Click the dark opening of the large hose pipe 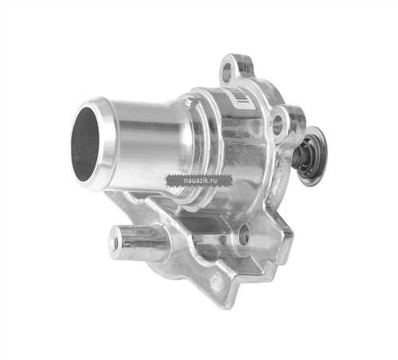click(x=85, y=145)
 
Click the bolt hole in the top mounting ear click(x=228, y=70)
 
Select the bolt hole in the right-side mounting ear click(x=278, y=124)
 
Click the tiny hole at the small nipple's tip click(x=115, y=243)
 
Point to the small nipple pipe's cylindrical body click(x=142, y=242)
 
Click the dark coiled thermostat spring click(x=305, y=156)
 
